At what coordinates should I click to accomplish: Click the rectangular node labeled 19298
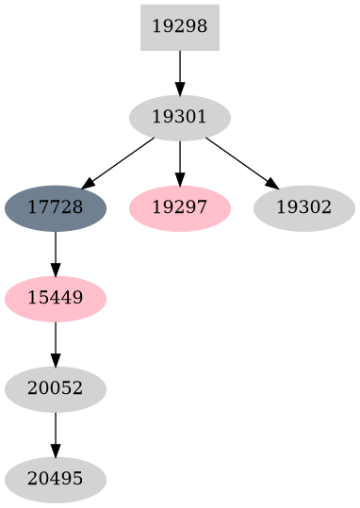[179, 26]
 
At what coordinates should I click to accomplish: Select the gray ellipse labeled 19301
[179, 117]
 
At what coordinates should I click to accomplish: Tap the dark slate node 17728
[56, 207]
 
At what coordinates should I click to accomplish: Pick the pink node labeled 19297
[179, 207]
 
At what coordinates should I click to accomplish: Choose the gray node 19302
[303, 207]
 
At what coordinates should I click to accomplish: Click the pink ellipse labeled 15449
[56, 298]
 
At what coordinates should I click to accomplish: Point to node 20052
[56, 388]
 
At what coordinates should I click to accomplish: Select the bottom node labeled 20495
[56, 479]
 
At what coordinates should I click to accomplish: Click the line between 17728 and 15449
[56, 248]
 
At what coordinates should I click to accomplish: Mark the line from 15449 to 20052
[56, 338]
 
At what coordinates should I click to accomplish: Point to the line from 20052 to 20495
[56, 429]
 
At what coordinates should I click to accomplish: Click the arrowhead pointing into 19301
[179, 88]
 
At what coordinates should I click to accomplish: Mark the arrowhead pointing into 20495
[56, 450]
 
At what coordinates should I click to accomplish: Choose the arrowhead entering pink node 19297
[179, 178]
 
